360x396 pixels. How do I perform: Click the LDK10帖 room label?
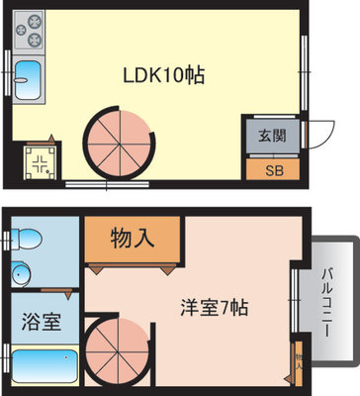pos(163,76)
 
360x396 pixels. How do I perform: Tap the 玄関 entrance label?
pos(272,135)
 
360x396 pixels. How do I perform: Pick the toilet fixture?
pos(28,239)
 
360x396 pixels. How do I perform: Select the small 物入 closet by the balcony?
pos(298,360)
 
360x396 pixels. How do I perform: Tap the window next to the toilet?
pos(7,239)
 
